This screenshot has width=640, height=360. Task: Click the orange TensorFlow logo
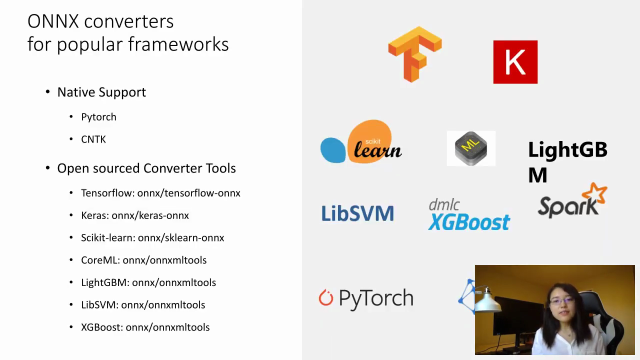click(x=414, y=54)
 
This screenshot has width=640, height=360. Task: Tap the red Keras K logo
click(x=515, y=62)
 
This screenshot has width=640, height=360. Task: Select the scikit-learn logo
click(x=361, y=142)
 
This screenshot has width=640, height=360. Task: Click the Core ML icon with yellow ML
click(x=471, y=148)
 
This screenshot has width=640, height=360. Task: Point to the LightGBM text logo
click(x=567, y=161)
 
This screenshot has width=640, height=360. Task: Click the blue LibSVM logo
click(x=357, y=213)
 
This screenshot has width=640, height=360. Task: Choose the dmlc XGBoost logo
click(x=469, y=214)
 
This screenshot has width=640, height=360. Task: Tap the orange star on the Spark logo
click(x=594, y=194)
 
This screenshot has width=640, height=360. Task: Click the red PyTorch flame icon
click(x=325, y=297)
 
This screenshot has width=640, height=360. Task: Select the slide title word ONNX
click(x=53, y=21)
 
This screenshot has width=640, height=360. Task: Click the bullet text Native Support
click(x=101, y=92)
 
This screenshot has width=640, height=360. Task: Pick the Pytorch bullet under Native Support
click(x=98, y=117)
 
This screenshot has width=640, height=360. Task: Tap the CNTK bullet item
click(x=93, y=139)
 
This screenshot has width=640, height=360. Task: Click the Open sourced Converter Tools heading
click(x=146, y=168)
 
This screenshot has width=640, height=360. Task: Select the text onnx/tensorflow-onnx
click(x=189, y=193)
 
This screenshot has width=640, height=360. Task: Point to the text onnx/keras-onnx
click(x=150, y=215)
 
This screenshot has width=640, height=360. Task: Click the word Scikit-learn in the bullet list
click(x=107, y=238)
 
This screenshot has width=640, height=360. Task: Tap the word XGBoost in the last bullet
click(x=102, y=327)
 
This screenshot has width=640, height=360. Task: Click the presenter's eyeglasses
click(x=561, y=300)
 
